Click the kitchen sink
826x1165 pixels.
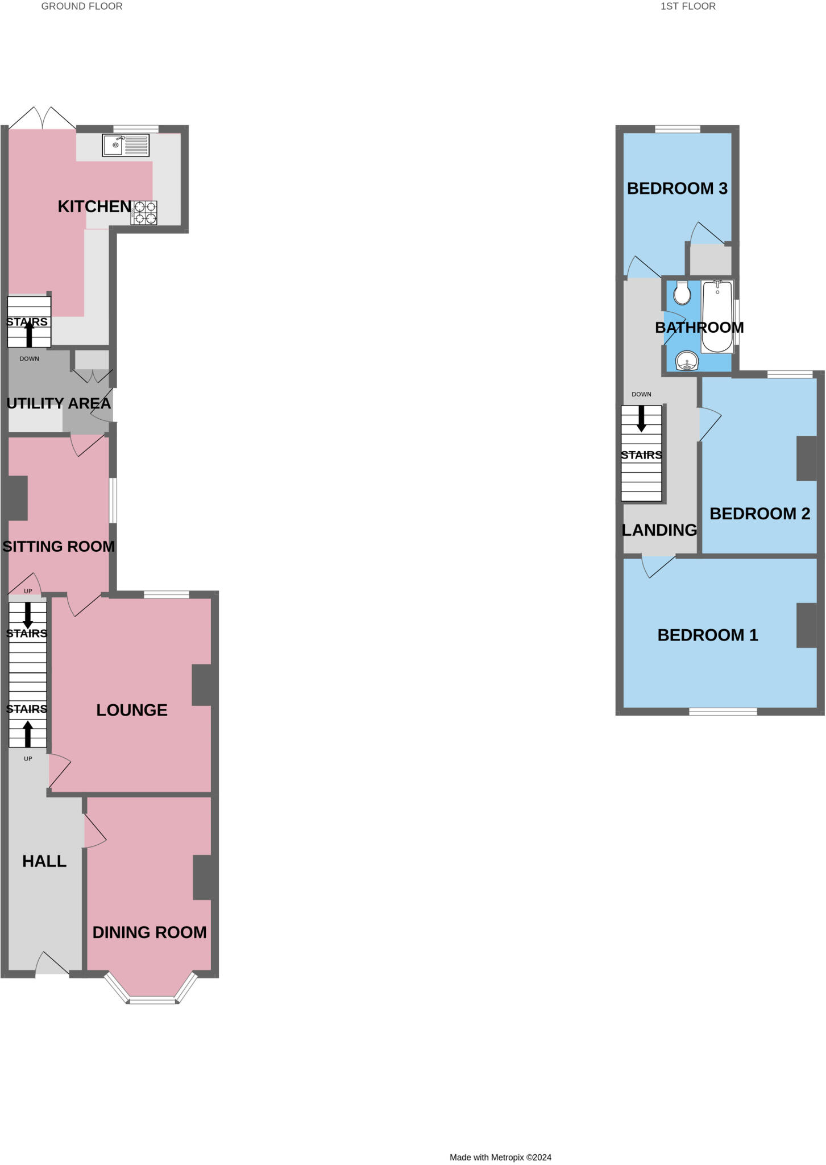tap(126, 145)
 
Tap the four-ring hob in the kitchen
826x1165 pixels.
tap(144, 213)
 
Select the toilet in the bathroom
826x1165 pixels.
tap(682, 293)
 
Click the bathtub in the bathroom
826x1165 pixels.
tap(717, 317)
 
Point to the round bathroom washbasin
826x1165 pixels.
tap(687, 361)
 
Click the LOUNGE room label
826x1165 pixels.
tap(132, 710)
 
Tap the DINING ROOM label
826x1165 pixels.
tap(150, 932)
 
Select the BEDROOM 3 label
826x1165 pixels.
tap(677, 188)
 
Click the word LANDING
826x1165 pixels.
tap(659, 530)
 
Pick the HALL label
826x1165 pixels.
tap(44, 861)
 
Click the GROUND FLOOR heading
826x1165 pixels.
tap(82, 6)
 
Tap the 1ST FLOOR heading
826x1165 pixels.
tap(688, 6)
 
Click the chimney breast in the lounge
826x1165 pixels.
tap(202, 685)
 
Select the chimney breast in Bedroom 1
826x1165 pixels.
tap(807, 625)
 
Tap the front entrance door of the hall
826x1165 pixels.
tap(53, 965)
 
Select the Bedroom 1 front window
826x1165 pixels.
tap(723, 711)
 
